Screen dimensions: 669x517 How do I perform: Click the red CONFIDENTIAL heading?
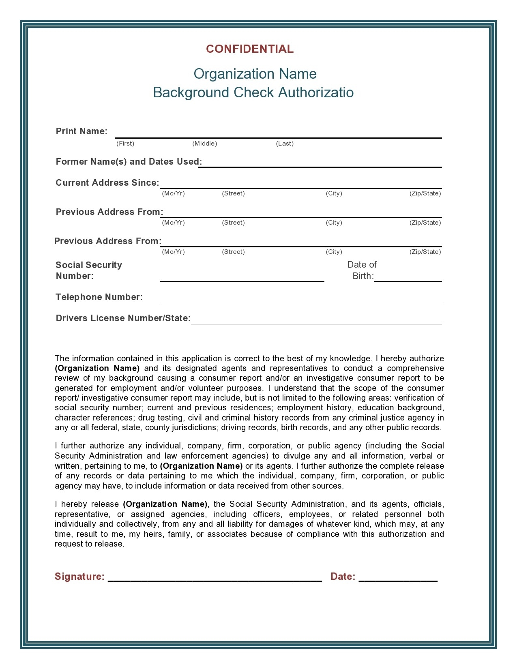click(250, 49)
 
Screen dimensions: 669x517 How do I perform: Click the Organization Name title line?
click(255, 74)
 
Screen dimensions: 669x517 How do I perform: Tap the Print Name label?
click(82, 131)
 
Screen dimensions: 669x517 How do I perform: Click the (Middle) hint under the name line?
click(205, 144)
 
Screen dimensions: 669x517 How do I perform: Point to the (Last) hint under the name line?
click(285, 144)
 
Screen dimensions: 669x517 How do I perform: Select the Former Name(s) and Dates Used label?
click(129, 162)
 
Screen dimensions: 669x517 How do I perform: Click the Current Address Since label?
click(107, 183)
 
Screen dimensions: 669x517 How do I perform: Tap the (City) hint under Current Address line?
click(334, 193)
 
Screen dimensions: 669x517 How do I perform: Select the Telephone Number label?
click(99, 297)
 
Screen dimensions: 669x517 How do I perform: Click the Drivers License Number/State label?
click(123, 318)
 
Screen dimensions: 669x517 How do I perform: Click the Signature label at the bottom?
click(79, 577)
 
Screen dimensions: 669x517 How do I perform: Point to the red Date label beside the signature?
click(343, 577)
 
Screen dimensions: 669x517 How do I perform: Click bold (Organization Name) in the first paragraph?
click(97, 369)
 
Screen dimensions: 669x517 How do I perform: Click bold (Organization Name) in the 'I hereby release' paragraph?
click(165, 504)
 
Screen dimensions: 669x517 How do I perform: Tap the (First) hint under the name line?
click(125, 144)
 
